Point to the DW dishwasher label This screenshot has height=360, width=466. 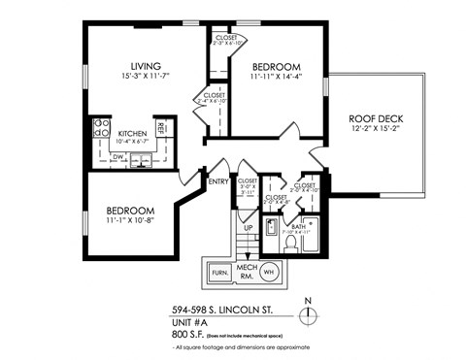pos(117,155)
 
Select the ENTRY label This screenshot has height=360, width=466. pos(218,180)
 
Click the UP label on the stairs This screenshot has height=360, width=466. pos(249,229)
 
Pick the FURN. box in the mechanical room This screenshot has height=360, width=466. pos(218,273)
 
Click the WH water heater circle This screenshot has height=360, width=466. pos(269,273)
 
